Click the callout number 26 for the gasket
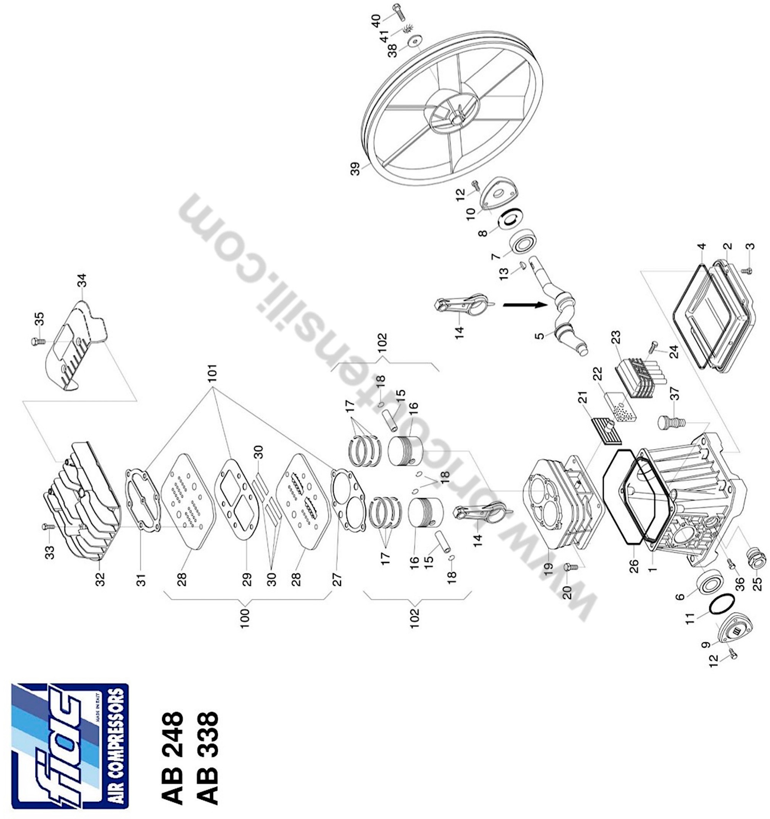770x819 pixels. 634,566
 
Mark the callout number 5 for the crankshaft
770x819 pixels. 539,336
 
